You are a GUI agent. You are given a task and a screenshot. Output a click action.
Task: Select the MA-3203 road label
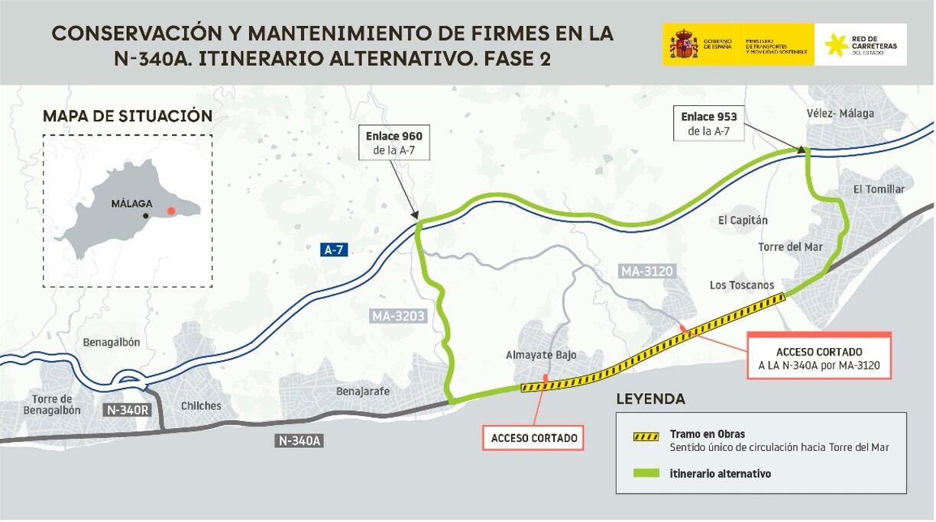point(397,316)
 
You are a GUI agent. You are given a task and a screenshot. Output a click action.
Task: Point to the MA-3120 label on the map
point(646,271)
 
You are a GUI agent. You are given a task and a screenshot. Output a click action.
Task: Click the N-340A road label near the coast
point(300,440)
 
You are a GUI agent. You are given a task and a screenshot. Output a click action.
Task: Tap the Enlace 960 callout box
point(394,143)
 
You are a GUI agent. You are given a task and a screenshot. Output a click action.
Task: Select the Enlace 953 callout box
point(708,124)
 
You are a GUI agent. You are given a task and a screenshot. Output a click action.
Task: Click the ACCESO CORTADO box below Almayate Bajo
point(534,438)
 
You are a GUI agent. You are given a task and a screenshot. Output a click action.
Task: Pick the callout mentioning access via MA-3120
point(818,357)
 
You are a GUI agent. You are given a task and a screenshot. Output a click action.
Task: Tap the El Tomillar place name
point(879,189)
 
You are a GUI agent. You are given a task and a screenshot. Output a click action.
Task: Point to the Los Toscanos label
point(741,285)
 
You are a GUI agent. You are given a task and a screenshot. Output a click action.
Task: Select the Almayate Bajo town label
point(541,355)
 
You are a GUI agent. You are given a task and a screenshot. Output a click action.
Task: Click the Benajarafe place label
point(363,391)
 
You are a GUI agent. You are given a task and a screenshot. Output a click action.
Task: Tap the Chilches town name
point(201,405)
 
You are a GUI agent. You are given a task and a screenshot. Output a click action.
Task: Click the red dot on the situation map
point(172,211)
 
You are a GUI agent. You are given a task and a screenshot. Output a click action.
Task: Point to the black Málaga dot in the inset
point(145,216)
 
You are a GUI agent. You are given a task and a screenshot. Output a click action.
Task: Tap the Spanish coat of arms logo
point(684,44)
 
